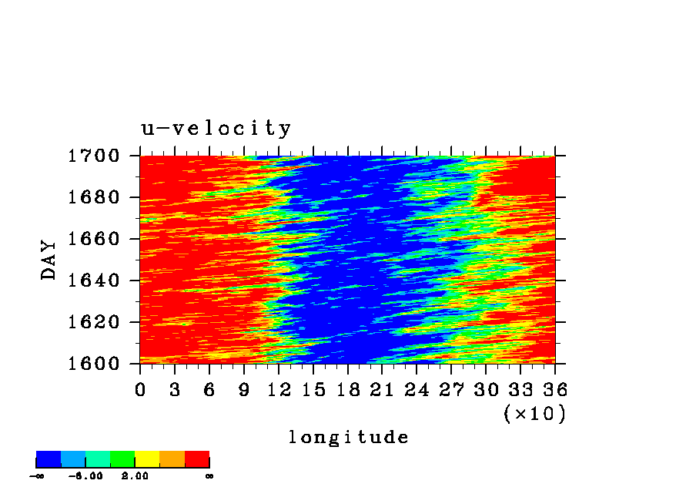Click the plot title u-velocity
tap(216, 129)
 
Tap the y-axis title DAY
tap(49, 260)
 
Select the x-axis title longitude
tap(349, 437)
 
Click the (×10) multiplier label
tap(535, 414)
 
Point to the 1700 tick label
tap(94, 156)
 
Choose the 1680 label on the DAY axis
tap(94, 197)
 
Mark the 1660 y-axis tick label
tap(94, 239)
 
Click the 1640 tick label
tap(94, 281)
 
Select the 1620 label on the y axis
tap(94, 322)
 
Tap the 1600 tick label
tap(94, 364)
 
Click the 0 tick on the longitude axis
tap(140, 390)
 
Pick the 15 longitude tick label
tap(313, 390)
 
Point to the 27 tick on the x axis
tap(451, 390)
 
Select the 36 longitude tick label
tap(555, 390)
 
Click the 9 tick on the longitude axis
tap(244, 390)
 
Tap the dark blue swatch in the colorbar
tap(49, 459)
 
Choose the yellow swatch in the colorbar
tap(147, 459)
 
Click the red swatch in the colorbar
tap(197, 459)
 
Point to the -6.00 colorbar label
tap(85, 476)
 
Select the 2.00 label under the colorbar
tap(135, 476)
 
